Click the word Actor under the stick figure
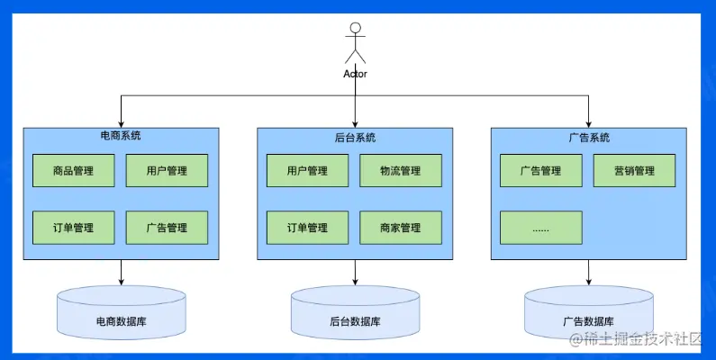(x=355, y=74)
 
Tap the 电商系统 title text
(x=120, y=136)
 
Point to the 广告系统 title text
(x=589, y=138)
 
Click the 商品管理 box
(x=74, y=170)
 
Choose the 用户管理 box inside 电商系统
(x=167, y=170)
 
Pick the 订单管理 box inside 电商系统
(x=74, y=227)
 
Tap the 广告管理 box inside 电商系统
(x=167, y=227)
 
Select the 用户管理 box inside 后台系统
(x=307, y=170)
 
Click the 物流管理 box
(x=401, y=170)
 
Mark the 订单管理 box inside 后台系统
(x=307, y=227)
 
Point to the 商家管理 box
(x=401, y=227)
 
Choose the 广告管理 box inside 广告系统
(x=540, y=170)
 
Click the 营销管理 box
(x=634, y=170)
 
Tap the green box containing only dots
(x=540, y=227)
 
